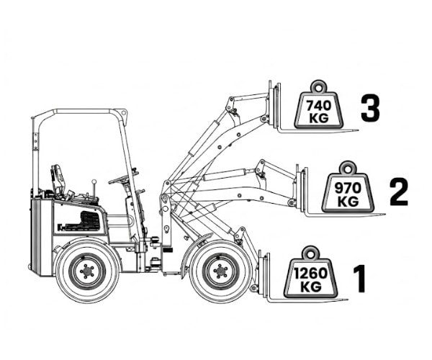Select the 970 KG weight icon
348,187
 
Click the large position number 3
370,108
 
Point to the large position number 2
399,192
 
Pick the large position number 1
360,279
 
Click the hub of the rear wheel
87,271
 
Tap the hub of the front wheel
220,271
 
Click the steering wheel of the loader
123,179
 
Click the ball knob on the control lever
94,181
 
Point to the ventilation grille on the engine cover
90,220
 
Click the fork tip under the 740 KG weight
358,130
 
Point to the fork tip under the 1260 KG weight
346,300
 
